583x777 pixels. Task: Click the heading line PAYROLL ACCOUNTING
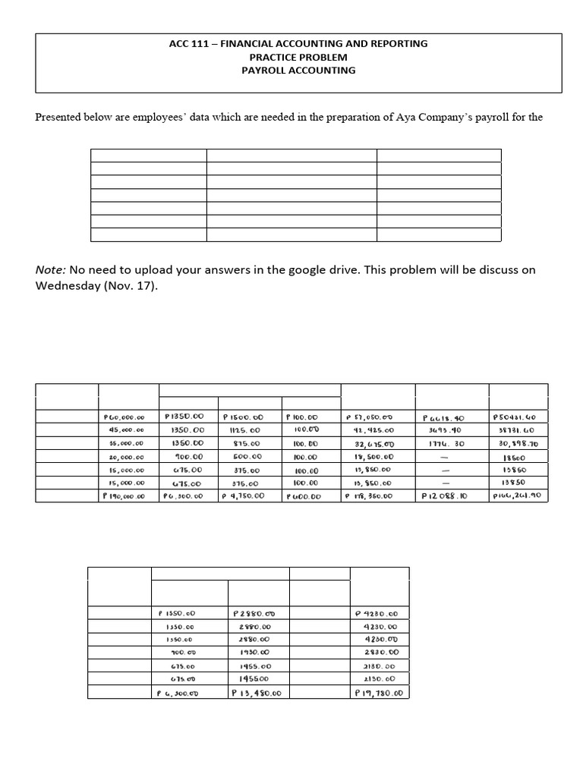point(298,71)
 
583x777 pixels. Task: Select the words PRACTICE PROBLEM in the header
point(298,57)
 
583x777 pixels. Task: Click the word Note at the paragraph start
point(49,270)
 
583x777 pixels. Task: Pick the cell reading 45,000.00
point(126,429)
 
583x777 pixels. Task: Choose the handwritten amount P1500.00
point(243,417)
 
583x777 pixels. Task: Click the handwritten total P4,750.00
point(243,496)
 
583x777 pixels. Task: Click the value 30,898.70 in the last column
point(515,443)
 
